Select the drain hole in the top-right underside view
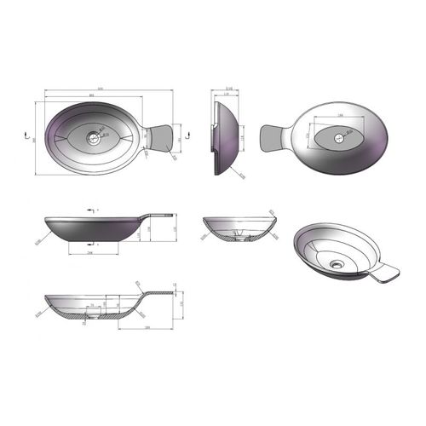[x=342, y=135]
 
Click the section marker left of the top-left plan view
[x=28, y=134]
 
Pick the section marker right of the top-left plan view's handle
[x=187, y=134]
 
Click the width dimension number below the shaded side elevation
[x=90, y=254]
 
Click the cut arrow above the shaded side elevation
[x=89, y=207]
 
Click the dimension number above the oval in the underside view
[x=341, y=114]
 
